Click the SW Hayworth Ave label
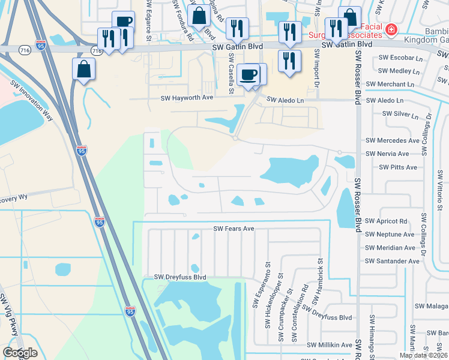187,97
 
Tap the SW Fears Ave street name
234,229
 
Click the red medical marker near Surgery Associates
391,29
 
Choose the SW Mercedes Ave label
393,140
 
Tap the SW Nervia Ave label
388,154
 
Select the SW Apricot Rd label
386,221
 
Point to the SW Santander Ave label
392,261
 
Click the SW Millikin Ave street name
330,345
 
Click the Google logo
20,353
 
